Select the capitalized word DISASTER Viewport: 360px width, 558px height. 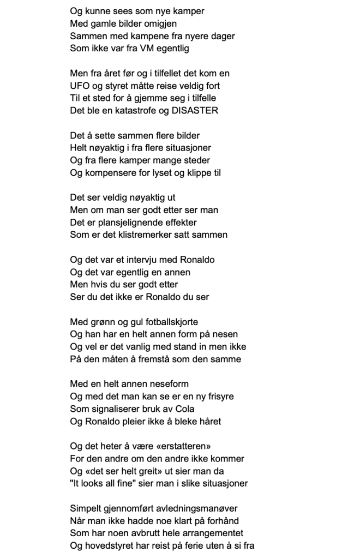pyautogui.click(x=194, y=111)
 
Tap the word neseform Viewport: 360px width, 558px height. pyautogui.click(x=163, y=385)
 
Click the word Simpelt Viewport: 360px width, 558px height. pyautogui.click(x=86, y=508)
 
